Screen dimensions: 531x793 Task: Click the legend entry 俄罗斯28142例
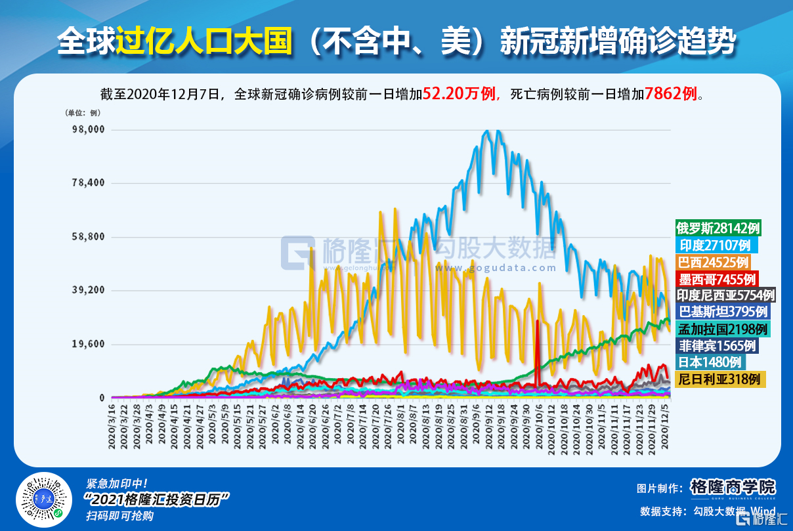pos(718,228)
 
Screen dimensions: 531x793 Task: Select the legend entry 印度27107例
pos(716,245)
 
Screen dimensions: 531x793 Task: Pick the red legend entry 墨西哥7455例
pos(718,278)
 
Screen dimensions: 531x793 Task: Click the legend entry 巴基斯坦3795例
pos(723,312)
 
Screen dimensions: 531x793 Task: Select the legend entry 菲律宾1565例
pos(718,345)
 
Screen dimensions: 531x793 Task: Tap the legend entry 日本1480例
pos(710,362)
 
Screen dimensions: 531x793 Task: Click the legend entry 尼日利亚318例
pos(719,379)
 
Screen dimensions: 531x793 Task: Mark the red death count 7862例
pos(671,94)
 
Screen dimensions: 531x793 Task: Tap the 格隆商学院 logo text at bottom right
pos(733,487)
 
